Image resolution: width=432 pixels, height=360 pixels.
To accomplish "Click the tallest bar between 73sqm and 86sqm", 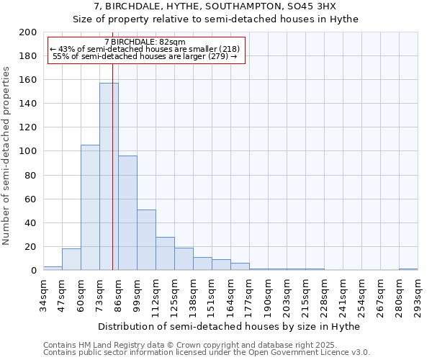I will [x=109, y=176].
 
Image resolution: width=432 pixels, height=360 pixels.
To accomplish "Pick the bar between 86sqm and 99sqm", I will [x=127, y=212].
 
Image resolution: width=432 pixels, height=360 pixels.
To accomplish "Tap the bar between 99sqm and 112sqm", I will [x=146, y=240].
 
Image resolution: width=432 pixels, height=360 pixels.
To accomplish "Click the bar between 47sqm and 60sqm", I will [x=71, y=259].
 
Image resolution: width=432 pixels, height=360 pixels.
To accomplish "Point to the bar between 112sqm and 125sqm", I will [x=165, y=253].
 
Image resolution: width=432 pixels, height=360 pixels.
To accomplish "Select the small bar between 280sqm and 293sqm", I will [x=408, y=269].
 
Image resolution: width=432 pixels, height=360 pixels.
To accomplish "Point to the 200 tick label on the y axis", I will [x=28, y=32].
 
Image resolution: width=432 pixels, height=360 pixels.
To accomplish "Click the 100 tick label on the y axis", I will [x=28, y=151].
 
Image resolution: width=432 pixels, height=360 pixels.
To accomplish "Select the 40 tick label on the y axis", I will [x=31, y=222].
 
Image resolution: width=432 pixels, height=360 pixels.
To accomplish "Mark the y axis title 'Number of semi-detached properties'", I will [x=7, y=156].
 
